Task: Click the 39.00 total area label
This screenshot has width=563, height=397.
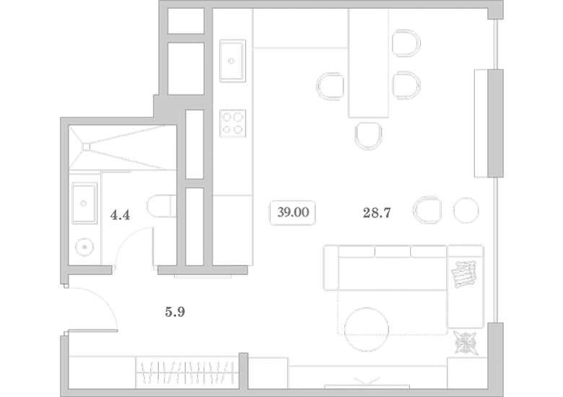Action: tap(292, 212)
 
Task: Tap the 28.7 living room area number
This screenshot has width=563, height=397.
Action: tap(377, 213)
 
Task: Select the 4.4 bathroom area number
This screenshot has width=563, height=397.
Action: tap(120, 215)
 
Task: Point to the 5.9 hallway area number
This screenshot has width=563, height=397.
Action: tap(175, 312)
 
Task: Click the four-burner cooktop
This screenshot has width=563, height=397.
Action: tap(232, 123)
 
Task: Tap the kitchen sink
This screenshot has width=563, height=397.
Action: tap(232, 61)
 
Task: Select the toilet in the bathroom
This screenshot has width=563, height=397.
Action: tap(161, 206)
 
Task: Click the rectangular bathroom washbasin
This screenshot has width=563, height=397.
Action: tap(84, 203)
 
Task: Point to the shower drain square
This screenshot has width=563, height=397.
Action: tap(86, 147)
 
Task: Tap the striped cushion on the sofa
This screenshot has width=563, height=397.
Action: tap(465, 274)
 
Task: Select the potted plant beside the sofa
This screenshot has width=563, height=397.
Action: tap(466, 343)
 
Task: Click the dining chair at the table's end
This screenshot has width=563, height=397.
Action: tap(368, 135)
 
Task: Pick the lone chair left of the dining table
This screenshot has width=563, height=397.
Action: tap(330, 87)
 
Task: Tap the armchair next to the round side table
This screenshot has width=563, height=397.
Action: tap(427, 210)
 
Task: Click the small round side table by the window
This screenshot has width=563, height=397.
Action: tap(466, 210)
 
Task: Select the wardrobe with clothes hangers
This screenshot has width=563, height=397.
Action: tap(187, 372)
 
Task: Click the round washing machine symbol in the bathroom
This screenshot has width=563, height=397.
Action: tap(84, 247)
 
